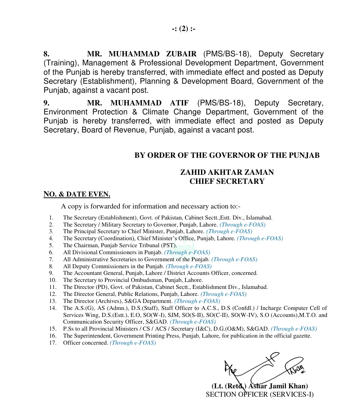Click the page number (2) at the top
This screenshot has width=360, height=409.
(184, 29)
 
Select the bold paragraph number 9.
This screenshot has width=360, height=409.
(46, 103)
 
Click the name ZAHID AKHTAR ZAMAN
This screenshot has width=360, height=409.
(227, 172)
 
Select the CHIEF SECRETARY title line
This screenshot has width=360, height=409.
(227, 181)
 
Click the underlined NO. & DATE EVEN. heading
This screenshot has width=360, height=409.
(77, 194)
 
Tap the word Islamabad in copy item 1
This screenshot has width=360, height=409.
(259, 218)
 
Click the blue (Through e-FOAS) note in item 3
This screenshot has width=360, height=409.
(229, 232)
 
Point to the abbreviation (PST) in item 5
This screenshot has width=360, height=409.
(169, 246)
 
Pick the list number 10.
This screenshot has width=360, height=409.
(53, 280)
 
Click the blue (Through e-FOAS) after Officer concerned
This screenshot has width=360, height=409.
(133, 343)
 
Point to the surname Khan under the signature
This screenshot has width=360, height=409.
(299, 386)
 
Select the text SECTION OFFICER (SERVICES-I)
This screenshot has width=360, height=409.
(260, 395)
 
